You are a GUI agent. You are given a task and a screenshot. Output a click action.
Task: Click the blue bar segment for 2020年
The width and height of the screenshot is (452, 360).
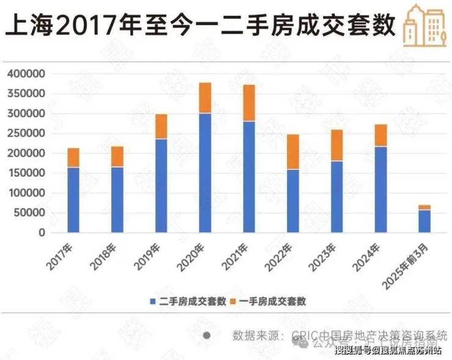pyautogui.click(x=205, y=172)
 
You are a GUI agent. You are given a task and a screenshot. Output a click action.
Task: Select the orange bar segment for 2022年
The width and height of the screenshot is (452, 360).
pyautogui.click(x=293, y=152)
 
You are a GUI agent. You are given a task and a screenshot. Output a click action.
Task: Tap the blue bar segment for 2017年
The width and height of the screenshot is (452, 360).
pyautogui.click(x=73, y=200)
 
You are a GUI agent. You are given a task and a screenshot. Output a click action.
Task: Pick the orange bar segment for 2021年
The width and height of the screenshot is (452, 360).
pyautogui.click(x=249, y=103)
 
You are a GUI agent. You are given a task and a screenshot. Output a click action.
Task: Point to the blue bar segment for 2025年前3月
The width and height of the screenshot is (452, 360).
pyautogui.click(x=425, y=221)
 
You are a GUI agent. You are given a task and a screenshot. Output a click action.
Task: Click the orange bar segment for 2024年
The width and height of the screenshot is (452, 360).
pyautogui.click(x=381, y=135)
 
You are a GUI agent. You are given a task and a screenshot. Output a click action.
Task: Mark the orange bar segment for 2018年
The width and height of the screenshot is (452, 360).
pyautogui.click(x=117, y=156)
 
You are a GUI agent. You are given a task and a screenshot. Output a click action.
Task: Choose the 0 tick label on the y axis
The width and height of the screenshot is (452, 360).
pyautogui.click(x=42, y=233)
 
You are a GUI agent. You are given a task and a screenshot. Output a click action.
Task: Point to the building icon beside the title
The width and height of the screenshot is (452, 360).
pyautogui.click(x=423, y=26)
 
